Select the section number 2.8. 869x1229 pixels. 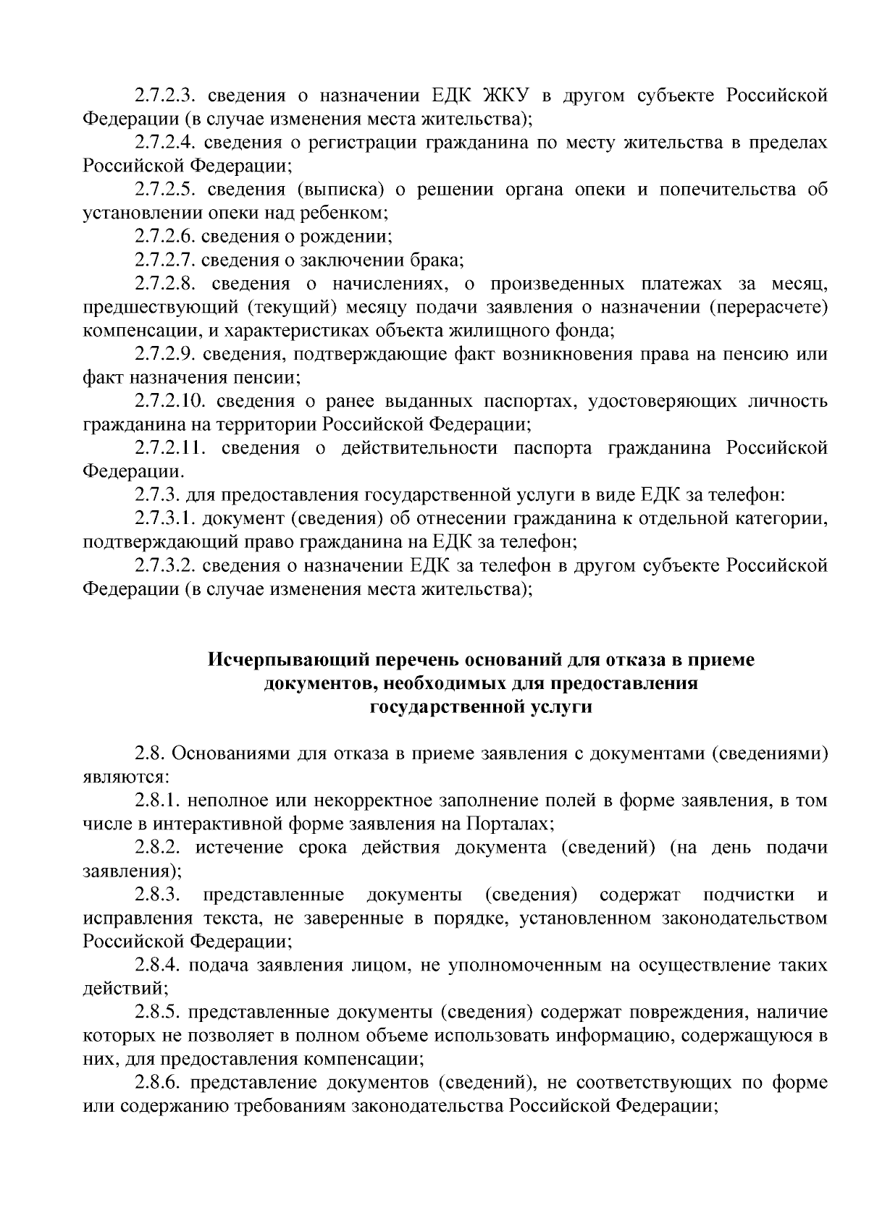(x=149, y=754)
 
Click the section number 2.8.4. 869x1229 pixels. (x=158, y=966)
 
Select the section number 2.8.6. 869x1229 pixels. (x=158, y=1084)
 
